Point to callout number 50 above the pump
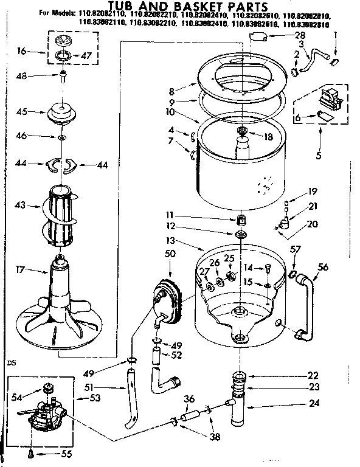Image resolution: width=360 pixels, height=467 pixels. tap(170, 253)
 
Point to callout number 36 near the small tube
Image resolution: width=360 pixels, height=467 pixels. tap(190, 399)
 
